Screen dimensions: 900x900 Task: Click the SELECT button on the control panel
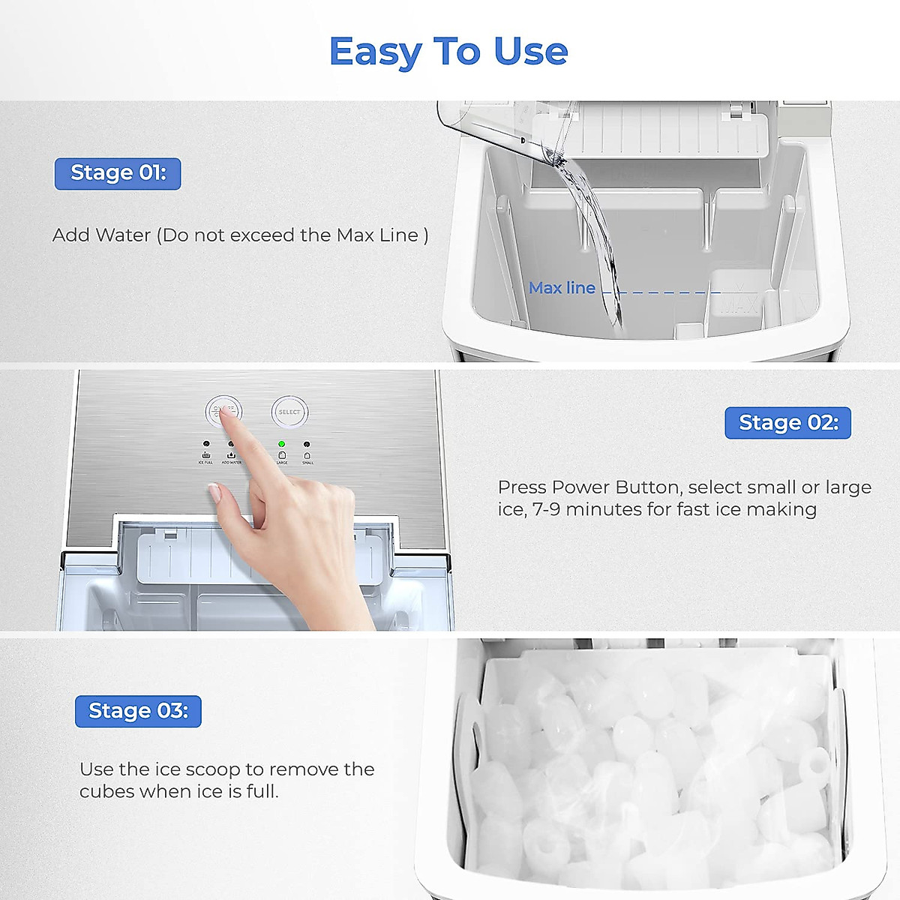click(x=289, y=412)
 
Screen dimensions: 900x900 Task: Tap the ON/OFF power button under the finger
click(x=223, y=412)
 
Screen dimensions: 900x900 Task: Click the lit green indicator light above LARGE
click(x=282, y=444)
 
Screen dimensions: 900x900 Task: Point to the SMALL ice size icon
click(x=307, y=455)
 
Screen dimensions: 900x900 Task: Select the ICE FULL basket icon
click(x=206, y=455)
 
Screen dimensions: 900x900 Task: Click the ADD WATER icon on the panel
click(x=231, y=455)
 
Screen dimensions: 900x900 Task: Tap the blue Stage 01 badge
click(x=118, y=173)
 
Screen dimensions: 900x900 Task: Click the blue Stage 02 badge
click(x=787, y=423)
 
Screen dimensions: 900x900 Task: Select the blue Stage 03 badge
click(x=138, y=711)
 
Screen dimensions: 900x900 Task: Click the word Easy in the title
click(x=375, y=52)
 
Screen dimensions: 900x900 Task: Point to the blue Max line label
click(x=562, y=288)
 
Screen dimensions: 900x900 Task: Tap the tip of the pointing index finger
click(x=224, y=411)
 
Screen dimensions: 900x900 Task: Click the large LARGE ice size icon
click(x=282, y=455)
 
